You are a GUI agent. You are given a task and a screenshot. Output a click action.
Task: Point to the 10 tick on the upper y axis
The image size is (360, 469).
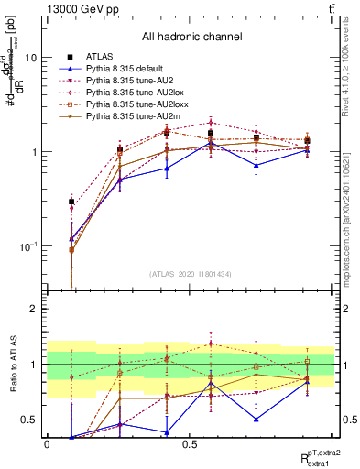pyautogui.click(x=29, y=58)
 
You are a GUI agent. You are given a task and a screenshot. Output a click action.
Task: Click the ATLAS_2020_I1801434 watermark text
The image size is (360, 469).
pyautogui.click(x=190, y=274)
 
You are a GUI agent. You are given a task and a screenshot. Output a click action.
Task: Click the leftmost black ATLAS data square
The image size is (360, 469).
pyautogui.click(x=71, y=202)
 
